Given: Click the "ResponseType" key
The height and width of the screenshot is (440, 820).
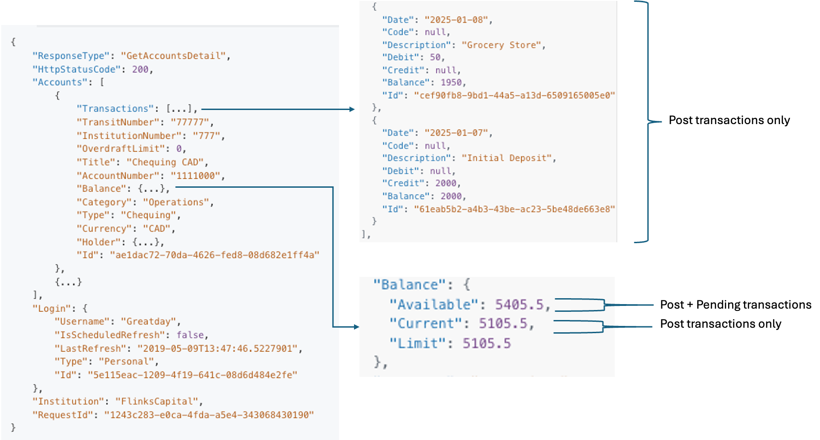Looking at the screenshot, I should (x=71, y=56).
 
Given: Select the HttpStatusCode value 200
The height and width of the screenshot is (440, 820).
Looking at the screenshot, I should (x=140, y=70).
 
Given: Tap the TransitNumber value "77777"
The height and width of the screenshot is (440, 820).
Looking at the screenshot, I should (x=190, y=122).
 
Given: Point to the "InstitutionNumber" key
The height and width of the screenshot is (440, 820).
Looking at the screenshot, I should (x=129, y=136).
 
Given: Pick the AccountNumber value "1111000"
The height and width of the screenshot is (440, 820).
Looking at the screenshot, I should (x=195, y=176).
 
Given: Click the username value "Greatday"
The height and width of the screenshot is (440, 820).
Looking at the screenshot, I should (x=148, y=321).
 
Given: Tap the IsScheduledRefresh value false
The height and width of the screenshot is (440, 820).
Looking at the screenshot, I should (x=190, y=335).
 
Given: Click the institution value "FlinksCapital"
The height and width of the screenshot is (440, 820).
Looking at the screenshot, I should (x=157, y=401).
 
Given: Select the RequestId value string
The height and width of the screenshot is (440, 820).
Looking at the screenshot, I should (x=209, y=415).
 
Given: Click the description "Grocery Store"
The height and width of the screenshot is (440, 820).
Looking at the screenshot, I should (x=501, y=45).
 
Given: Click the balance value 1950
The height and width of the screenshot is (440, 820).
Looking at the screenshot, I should (x=451, y=82).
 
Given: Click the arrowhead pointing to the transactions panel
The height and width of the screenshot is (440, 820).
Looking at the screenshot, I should (x=351, y=109).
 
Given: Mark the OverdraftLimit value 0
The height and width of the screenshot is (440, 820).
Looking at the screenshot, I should (x=179, y=149).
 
